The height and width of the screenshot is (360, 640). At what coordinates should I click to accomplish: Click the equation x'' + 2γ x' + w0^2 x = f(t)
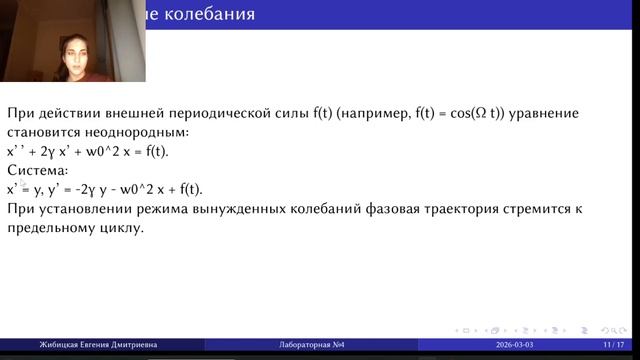(88, 151)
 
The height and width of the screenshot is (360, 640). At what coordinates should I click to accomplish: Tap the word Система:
(35, 170)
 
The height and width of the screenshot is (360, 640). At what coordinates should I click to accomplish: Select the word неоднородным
(147, 132)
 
